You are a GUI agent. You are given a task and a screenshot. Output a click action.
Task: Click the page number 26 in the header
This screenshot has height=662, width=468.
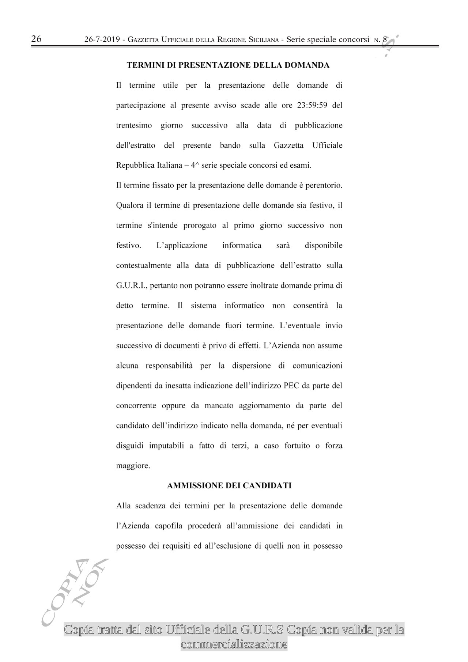[36, 39]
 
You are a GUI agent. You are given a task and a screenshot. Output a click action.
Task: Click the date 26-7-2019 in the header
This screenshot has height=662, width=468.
[103, 40]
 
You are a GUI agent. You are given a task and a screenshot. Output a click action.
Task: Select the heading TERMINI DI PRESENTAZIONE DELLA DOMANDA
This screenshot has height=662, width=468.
[228, 65]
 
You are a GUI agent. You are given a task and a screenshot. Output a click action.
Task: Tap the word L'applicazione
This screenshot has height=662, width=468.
[181, 245]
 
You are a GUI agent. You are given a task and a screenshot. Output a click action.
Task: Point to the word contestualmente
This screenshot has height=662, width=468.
[143, 266]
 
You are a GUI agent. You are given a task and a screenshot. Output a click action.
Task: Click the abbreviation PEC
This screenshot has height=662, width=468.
[291, 386]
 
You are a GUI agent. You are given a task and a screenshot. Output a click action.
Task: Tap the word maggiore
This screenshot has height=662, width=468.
[133, 466]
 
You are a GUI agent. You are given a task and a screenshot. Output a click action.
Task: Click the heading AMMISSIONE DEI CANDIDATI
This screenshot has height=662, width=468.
[229, 486]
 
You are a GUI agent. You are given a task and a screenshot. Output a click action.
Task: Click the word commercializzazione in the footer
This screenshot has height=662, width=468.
[234, 644]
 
